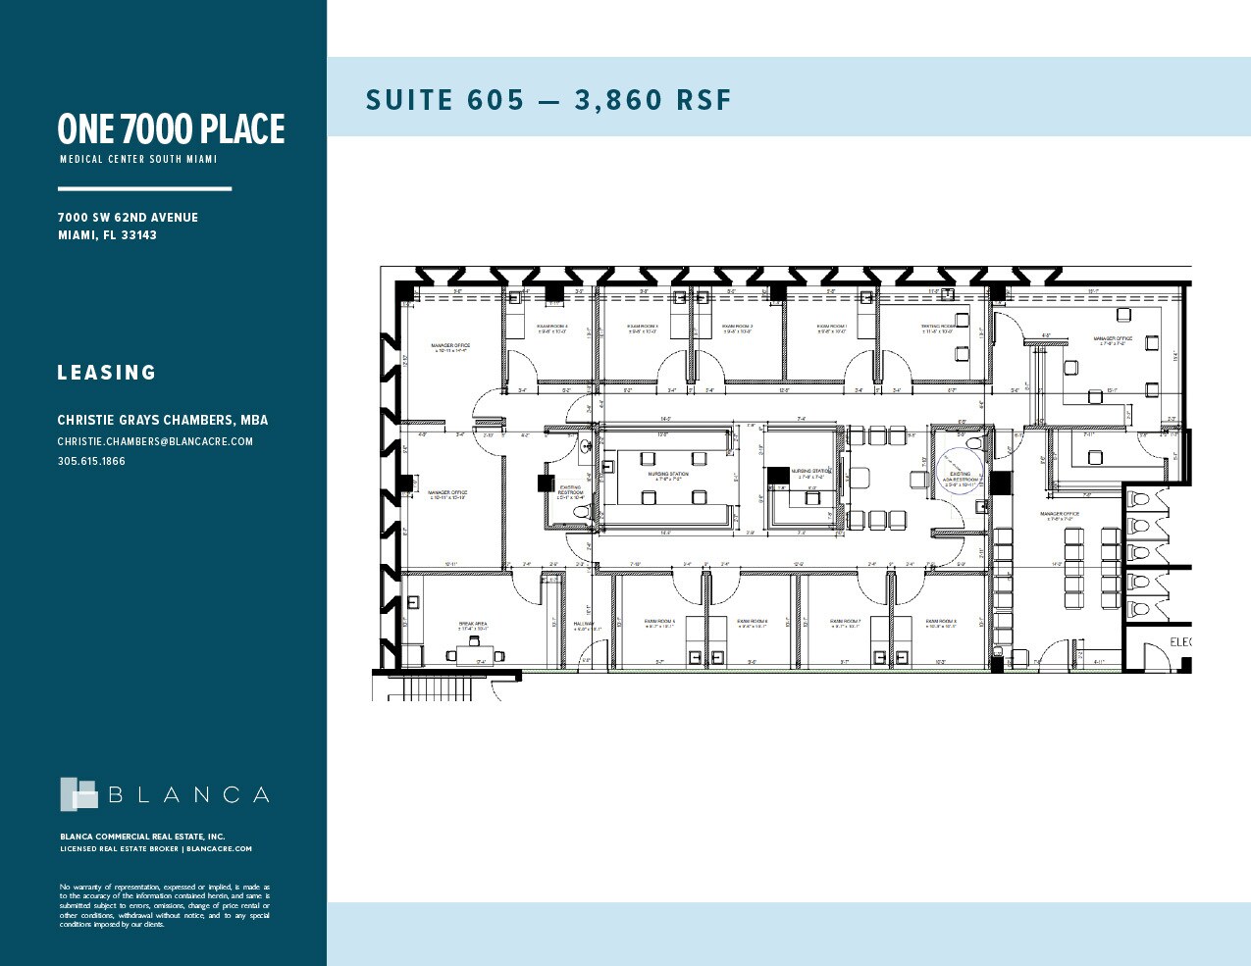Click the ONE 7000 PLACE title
pyautogui.click(x=171, y=129)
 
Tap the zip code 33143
pyautogui.click(x=139, y=235)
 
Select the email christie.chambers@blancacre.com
pyautogui.click(x=155, y=441)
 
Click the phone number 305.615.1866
pyautogui.click(x=91, y=461)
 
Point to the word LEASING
pyautogui.click(x=107, y=373)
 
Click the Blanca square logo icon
pyautogui.click(x=78, y=794)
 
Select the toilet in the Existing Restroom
pyautogui.click(x=580, y=512)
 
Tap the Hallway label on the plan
pyautogui.click(x=584, y=626)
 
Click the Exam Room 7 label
pyautogui.click(x=845, y=623)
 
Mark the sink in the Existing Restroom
pyautogui.click(x=585, y=447)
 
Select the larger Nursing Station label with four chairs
pyautogui.click(x=667, y=476)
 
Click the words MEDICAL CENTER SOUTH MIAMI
pyautogui.click(x=138, y=159)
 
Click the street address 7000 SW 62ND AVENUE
pyautogui.click(x=128, y=218)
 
